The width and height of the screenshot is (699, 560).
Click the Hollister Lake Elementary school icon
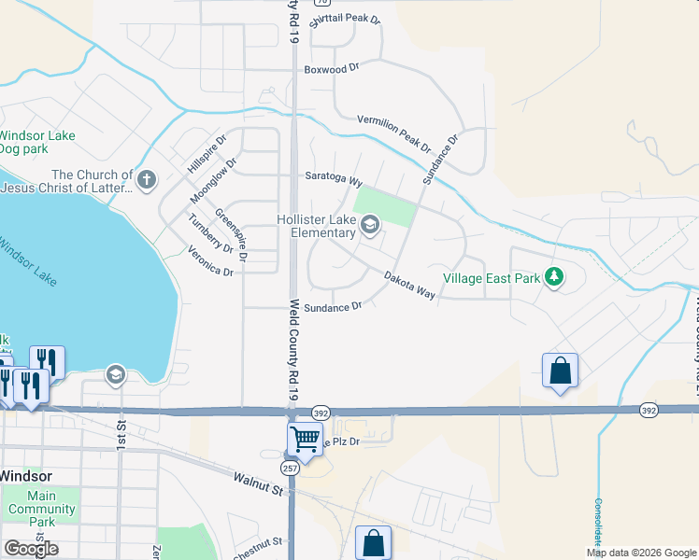(370, 224)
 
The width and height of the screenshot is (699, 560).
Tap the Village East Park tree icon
(554, 277)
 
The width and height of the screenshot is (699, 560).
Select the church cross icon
(146, 180)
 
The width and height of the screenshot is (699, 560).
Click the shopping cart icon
(306, 438)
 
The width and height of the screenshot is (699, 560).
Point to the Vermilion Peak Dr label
(393, 133)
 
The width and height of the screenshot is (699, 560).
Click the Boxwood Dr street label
(332, 69)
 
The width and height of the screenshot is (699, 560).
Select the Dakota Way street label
(410, 285)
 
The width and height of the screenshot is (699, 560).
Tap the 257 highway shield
(292, 468)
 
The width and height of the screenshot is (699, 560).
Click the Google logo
(31, 548)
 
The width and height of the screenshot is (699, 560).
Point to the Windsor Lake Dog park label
(36, 142)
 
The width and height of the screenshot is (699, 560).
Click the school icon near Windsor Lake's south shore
(115, 375)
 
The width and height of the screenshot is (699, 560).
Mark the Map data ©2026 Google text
(640, 553)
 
